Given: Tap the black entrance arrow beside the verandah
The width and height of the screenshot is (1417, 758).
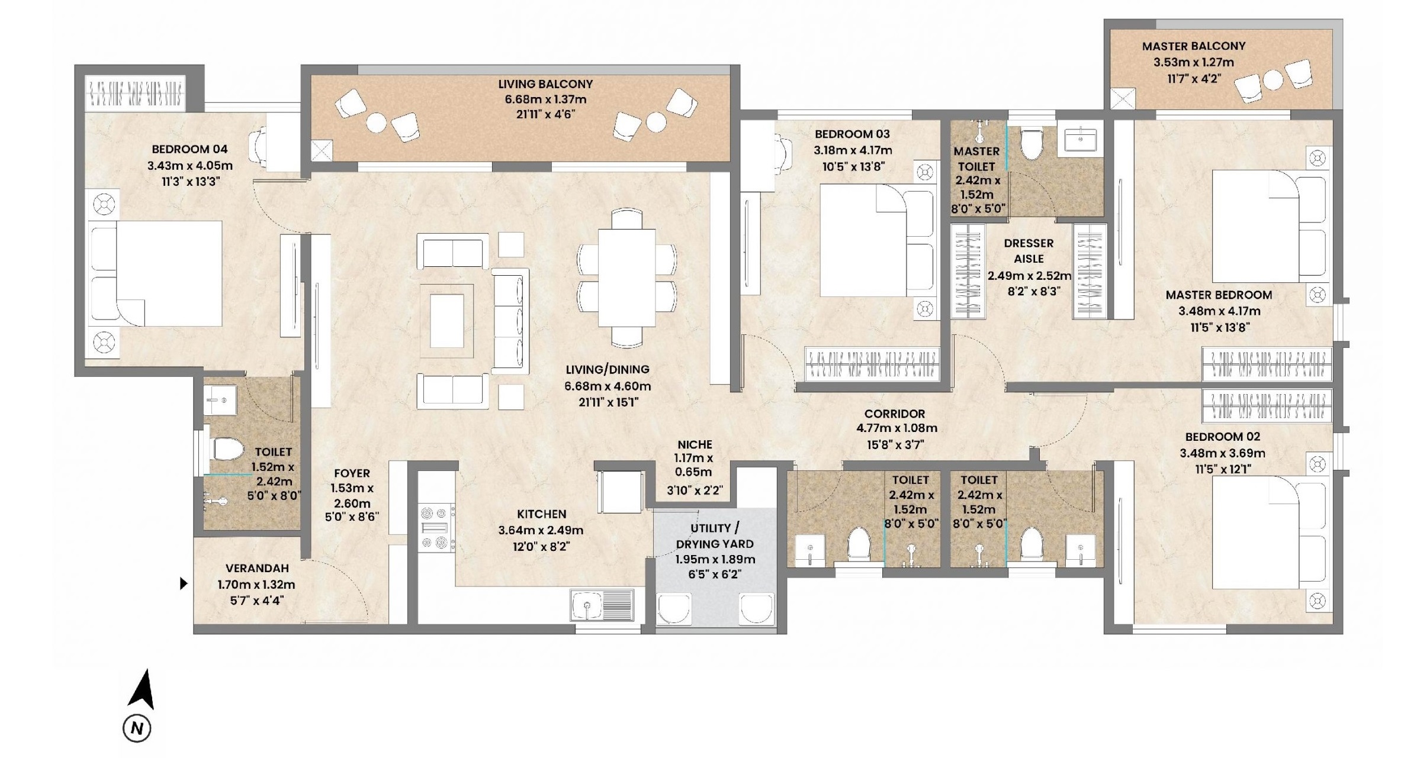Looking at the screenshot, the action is pyautogui.click(x=184, y=583).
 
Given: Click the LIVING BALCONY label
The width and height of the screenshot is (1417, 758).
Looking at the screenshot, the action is pyautogui.click(x=545, y=84).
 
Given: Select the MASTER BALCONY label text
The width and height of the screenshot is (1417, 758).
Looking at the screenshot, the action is pyautogui.click(x=1194, y=46).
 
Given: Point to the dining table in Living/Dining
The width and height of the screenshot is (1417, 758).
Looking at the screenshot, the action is pyautogui.click(x=626, y=278).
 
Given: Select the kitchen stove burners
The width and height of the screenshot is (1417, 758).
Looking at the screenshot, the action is pyautogui.click(x=436, y=527).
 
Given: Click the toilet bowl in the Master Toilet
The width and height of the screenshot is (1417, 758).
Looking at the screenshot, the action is pyautogui.click(x=1032, y=144).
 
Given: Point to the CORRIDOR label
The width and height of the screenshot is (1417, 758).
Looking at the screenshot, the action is pyautogui.click(x=894, y=414).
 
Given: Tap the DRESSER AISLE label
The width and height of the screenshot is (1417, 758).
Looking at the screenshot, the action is pyautogui.click(x=1029, y=251).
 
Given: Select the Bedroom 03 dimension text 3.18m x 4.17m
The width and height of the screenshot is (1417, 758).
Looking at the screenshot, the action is pyautogui.click(x=853, y=151).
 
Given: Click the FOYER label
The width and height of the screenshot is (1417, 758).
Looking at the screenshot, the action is pyautogui.click(x=352, y=473).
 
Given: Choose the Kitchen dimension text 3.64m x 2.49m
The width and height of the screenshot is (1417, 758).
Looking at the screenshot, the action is pyautogui.click(x=541, y=531).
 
